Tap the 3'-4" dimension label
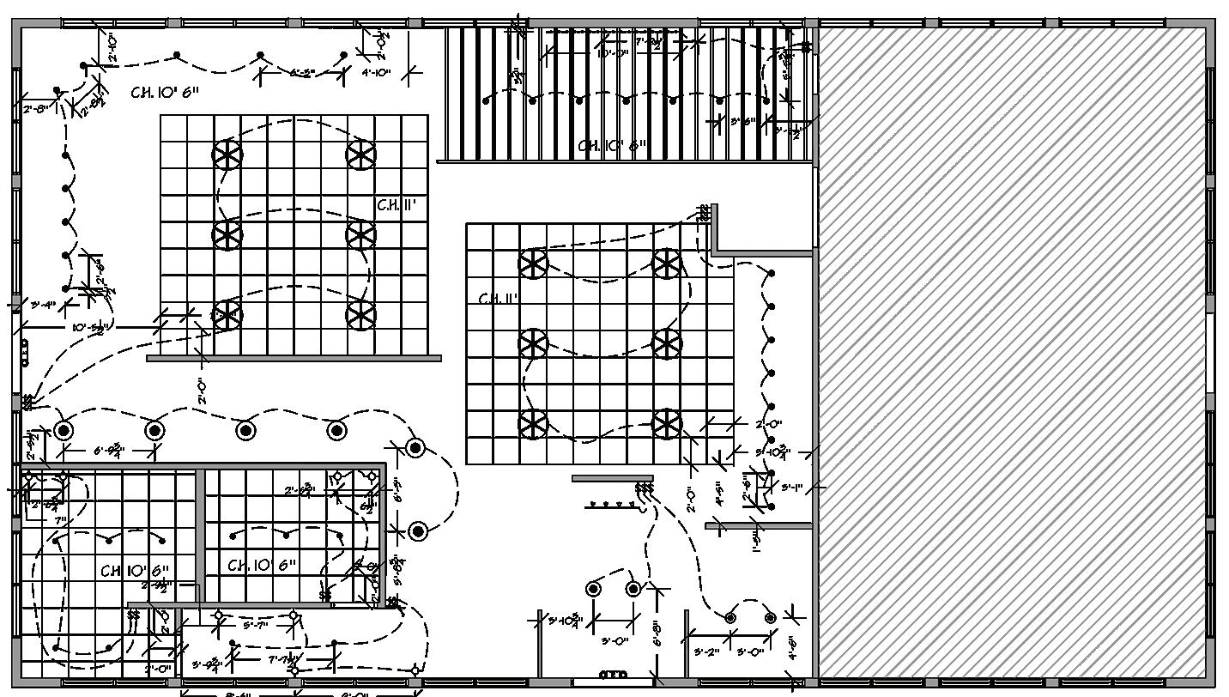(x=43, y=305)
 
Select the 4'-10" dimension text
(x=376, y=74)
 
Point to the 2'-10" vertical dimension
(x=112, y=48)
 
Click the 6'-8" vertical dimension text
(x=657, y=633)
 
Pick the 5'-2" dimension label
(x=706, y=653)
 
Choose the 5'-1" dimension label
(x=792, y=488)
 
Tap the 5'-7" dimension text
(x=256, y=626)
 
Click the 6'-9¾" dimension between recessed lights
(x=109, y=449)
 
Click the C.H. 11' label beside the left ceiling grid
(x=397, y=205)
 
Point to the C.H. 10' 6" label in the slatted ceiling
(x=612, y=146)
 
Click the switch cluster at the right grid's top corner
(x=705, y=212)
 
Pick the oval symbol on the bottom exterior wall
(x=613, y=675)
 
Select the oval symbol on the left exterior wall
(x=24, y=353)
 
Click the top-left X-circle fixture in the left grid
(x=227, y=155)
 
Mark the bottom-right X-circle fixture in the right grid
(x=667, y=423)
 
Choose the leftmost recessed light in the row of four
(x=64, y=430)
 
